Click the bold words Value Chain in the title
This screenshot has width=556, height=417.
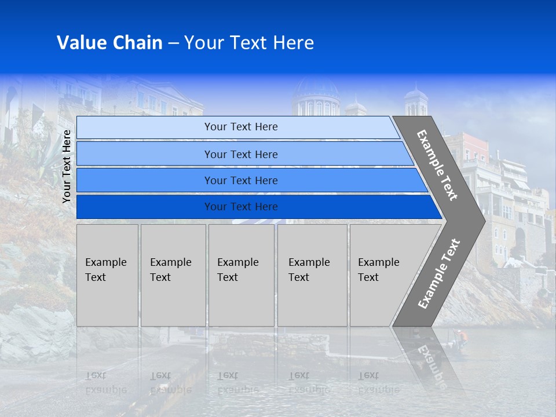109,43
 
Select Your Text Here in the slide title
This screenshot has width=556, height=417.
249,43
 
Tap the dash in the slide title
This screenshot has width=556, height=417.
173,43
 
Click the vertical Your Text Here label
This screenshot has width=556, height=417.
67,166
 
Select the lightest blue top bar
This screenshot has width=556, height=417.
237,127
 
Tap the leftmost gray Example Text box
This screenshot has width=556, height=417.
107,275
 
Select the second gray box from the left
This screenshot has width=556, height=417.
173,275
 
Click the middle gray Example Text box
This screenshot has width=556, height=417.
241,275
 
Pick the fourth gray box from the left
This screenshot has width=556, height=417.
312,275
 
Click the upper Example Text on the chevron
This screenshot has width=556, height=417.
437,165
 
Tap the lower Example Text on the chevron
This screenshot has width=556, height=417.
439,274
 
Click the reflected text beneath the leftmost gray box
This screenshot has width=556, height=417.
105,383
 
